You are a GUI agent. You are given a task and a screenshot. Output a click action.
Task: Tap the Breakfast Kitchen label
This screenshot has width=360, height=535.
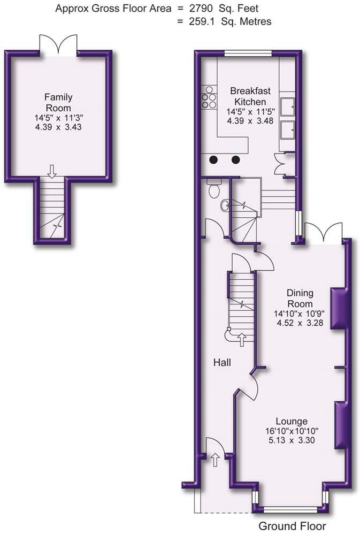[246, 96]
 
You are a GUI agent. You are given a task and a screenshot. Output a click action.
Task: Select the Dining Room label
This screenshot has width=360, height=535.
[300, 298]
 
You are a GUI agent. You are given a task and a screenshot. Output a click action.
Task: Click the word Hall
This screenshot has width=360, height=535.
[222, 363]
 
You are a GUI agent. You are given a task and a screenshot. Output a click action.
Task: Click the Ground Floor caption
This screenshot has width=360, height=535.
[292, 526]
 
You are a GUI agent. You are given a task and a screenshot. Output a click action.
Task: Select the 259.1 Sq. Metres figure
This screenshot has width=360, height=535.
[229, 22]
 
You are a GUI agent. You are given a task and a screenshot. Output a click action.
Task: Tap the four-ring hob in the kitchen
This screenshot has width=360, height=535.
[208, 97]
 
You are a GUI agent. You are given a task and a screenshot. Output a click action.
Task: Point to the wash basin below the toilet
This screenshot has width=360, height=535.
[225, 205]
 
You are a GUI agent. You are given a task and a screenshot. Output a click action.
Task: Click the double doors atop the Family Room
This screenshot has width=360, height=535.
[58, 44]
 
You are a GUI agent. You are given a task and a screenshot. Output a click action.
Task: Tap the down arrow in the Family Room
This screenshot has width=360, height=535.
[52, 171]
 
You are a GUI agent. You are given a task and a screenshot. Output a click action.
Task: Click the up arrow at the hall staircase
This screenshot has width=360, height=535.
[241, 338]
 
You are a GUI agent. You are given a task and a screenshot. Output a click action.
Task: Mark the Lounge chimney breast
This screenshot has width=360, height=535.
[341, 425]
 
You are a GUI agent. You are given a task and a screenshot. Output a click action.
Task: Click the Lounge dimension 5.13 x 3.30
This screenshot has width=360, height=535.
[292, 441]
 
